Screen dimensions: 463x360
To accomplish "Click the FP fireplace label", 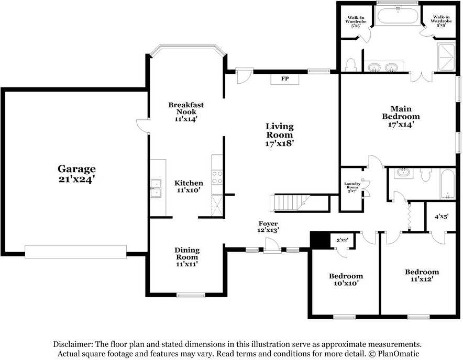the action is click(284, 79).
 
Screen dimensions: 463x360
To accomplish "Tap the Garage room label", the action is click(76, 169).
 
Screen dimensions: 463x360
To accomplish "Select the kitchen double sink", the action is click(156, 188).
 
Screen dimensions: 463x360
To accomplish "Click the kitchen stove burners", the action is click(217, 177).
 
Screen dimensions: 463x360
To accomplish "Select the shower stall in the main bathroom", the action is click(446, 58).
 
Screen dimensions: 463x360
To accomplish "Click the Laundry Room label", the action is click(352, 187).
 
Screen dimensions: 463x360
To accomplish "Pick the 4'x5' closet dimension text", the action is click(442, 217).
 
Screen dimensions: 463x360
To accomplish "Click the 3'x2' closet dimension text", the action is click(342, 240).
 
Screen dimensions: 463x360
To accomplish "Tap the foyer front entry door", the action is click(272, 245).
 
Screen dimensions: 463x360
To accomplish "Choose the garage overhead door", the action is click(75, 252).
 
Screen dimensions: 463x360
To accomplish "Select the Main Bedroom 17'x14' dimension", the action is click(401, 124).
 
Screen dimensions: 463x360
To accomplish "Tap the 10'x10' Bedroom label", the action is click(346, 279).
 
